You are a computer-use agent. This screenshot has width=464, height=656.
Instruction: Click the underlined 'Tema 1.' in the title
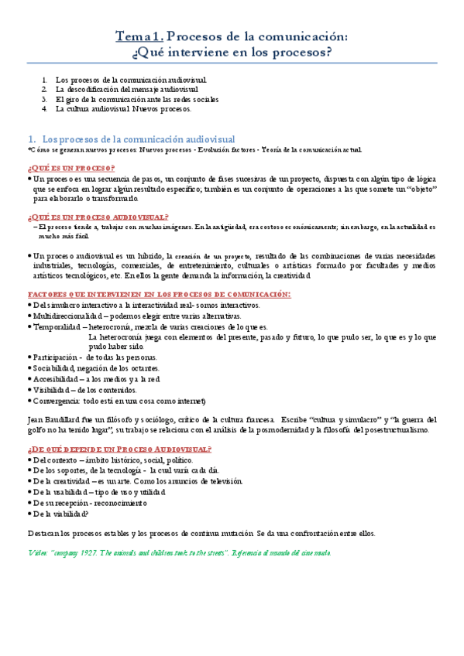point(139,36)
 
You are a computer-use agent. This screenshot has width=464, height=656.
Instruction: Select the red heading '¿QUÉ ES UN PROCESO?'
point(71,168)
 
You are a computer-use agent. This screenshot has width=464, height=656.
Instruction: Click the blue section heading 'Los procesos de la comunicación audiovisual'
point(138,138)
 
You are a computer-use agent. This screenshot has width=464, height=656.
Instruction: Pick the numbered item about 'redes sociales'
point(137,99)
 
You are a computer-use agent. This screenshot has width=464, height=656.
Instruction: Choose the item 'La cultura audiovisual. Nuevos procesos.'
point(123,109)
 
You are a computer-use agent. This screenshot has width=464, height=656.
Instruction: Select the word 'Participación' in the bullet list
point(55,357)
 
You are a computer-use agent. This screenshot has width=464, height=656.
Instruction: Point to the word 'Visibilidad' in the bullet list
point(52,390)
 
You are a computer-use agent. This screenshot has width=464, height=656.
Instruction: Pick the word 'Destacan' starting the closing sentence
point(43,533)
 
